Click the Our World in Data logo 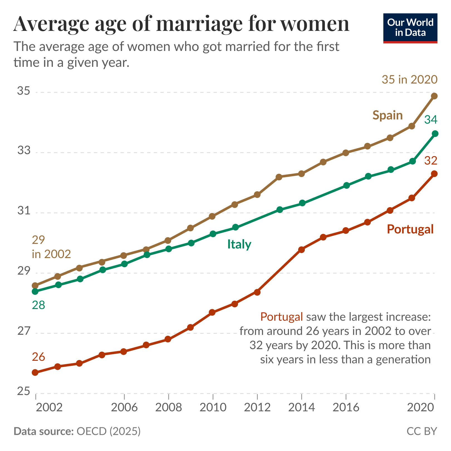[410, 28]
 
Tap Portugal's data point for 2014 [301, 249]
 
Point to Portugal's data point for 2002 [35, 372]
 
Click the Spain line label [388, 115]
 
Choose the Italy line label [239, 244]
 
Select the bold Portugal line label [410, 229]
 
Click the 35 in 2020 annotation [410, 80]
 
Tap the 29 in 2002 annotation [51, 247]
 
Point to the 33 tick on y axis [24, 151]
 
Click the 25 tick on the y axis [24, 391]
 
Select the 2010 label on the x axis [213, 408]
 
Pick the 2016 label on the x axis [346, 408]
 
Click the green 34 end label [430, 120]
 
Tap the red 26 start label [38, 357]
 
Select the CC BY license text [422, 431]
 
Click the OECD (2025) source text [108, 431]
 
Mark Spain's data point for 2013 [279, 177]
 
